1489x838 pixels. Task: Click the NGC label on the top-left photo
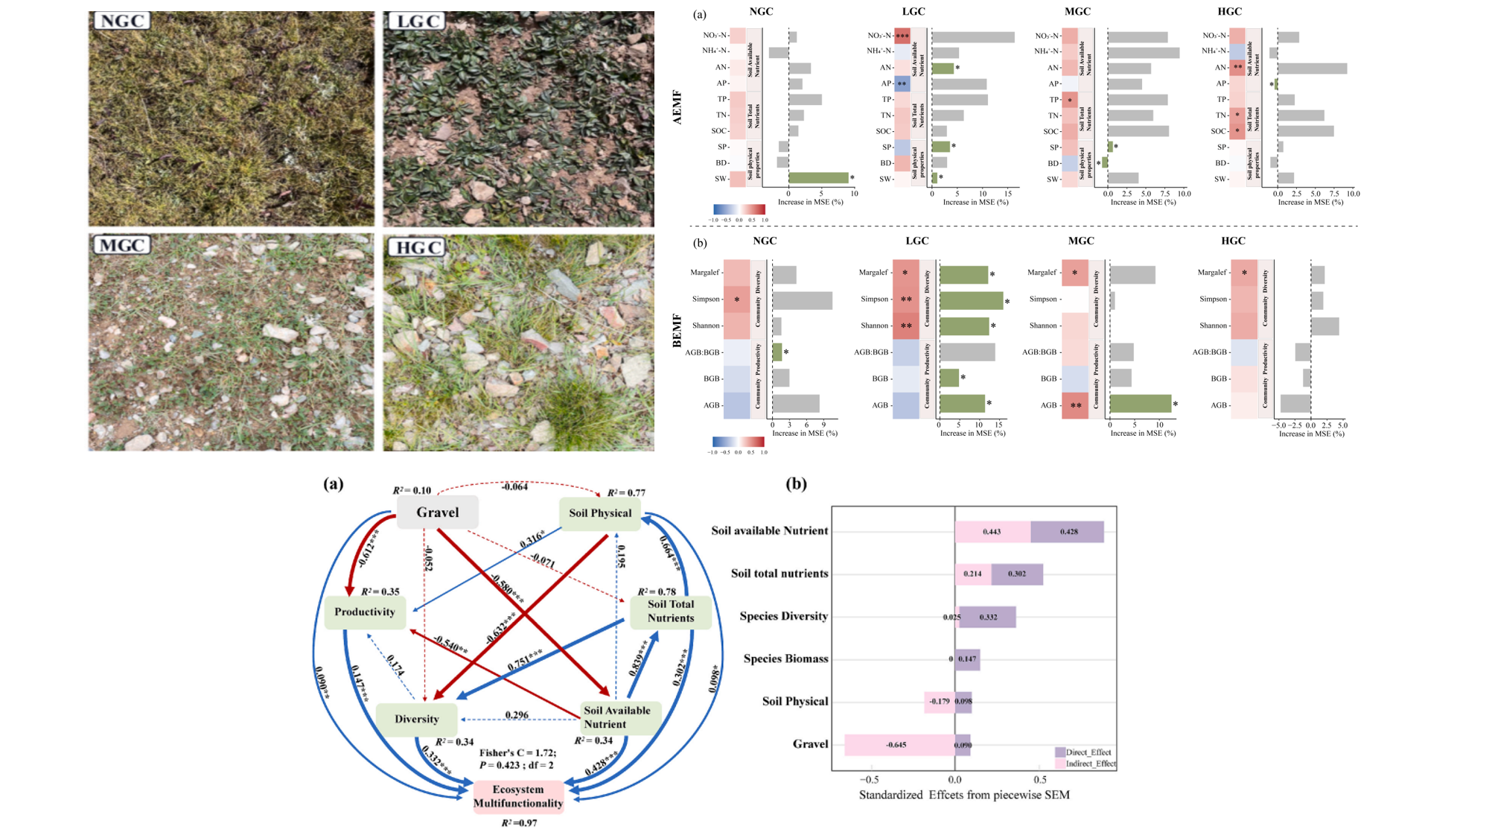pyautogui.click(x=121, y=21)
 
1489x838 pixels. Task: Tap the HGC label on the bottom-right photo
pyautogui.click(x=416, y=247)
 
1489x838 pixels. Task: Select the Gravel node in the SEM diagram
pyautogui.click(x=437, y=512)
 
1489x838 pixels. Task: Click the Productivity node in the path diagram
pyautogui.click(x=364, y=612)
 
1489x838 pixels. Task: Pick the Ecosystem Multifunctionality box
pyautogui.click(x=518, y=796)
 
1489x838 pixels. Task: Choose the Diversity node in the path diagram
pyautogui.click(x=416, y=720)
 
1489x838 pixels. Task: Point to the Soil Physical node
pyautogui.click(x=599, y=513)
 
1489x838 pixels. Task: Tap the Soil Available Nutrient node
pyautogui.click(x=617, y=717)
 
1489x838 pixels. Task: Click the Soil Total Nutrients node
pyautogui.click(x=670, y=612)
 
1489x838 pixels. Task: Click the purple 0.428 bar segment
pyautogui.click(x=1068, y=532)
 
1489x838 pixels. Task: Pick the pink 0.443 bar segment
pyautogui.click(x=992, y=532)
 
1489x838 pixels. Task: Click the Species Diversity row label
pyautogui.click(x=783, y=616)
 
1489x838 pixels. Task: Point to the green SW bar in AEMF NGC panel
pyautogui.click(x=818, y=178)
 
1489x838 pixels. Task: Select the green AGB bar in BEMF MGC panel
pyautogui.click(x=1140, y=404)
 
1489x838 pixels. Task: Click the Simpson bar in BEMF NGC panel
pyautogui.click(x=802, y=300)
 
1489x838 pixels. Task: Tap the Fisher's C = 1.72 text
pyautogui.click(x=517, y=753)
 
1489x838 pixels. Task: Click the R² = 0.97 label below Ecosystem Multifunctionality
pyautogui.click(x=519, y=823)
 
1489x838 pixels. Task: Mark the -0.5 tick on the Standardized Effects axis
pyautogui.click(x=870, y=780)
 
